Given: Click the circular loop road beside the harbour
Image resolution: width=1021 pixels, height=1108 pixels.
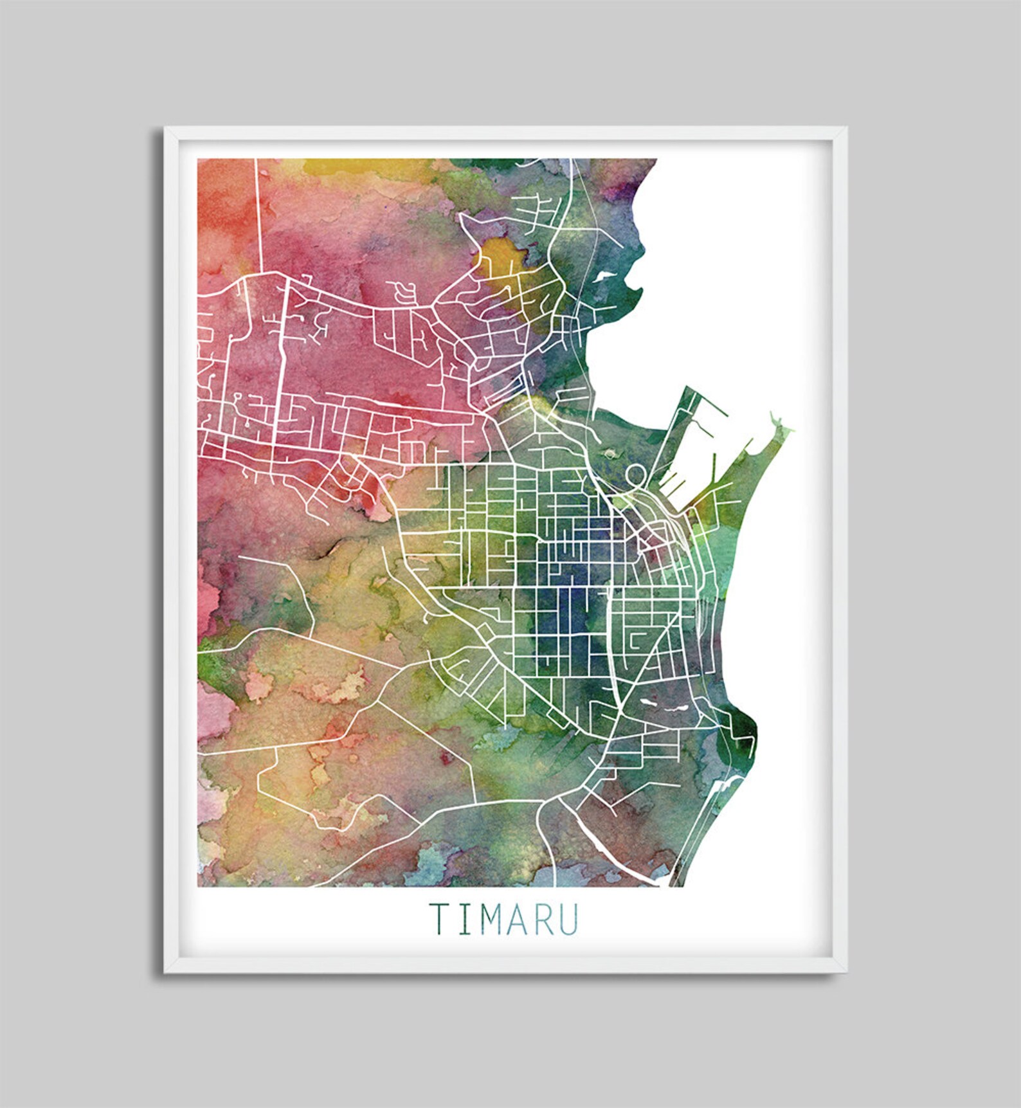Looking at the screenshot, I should pos(636,475).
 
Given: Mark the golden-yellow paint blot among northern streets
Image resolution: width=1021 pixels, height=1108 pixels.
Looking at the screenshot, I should pos(506,257).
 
